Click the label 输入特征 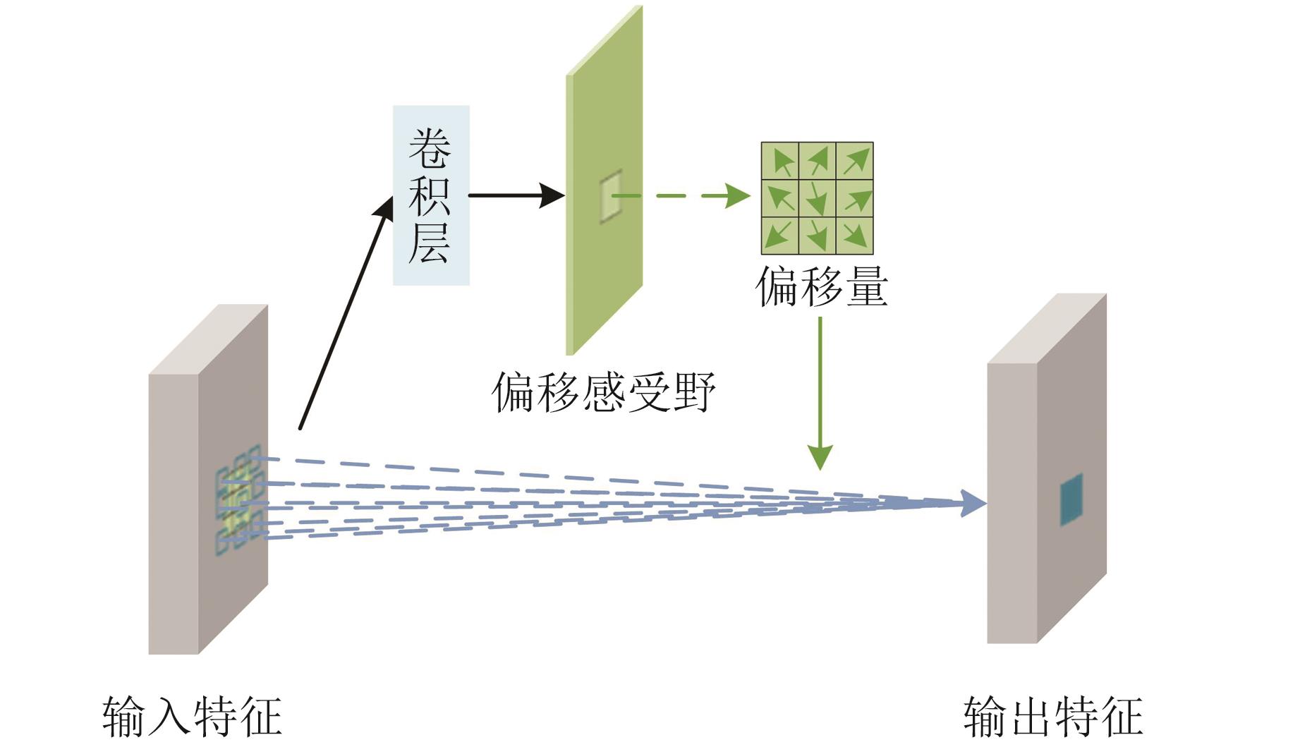(192, 717)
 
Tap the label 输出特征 (1053, 717)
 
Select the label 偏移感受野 (604, 392)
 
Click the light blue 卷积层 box (431, 195)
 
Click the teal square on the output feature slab (1071, 499)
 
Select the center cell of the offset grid (818, 198)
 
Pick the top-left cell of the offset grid (780, 161)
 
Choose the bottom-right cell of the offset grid (855, 236)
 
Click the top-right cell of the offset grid (855, 161)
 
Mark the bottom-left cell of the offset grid (780, 236)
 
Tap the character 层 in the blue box (430, 243)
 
